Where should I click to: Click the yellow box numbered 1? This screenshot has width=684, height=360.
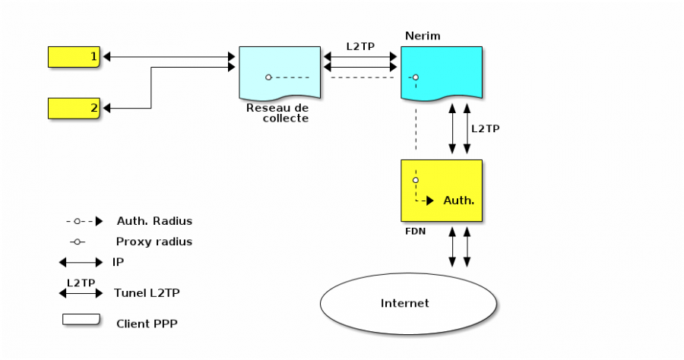point(74,57)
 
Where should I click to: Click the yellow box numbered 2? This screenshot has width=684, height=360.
point(74,108)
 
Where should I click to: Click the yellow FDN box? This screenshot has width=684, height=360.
point(442,190)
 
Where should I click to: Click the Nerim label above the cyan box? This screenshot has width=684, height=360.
point(423,36)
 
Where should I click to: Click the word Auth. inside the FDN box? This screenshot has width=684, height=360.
point(458,201)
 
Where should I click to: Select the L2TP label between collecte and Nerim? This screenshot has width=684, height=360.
point(359,46)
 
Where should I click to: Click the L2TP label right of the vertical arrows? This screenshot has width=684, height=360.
point(485,128)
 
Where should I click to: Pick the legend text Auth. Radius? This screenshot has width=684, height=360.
point(154,221)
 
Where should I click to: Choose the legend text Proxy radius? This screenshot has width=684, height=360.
point(154,242)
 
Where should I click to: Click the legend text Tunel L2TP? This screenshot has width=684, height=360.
point(147,292)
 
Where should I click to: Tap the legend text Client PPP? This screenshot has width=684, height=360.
point(145,323)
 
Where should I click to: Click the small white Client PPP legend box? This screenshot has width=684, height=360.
point(81,320)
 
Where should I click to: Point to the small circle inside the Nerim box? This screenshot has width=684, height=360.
point(415,77)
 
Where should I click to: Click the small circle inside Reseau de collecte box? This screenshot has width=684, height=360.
point(268,77)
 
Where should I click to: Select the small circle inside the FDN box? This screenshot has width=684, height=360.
point(415,180)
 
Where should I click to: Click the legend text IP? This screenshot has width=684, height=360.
point(118,262)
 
